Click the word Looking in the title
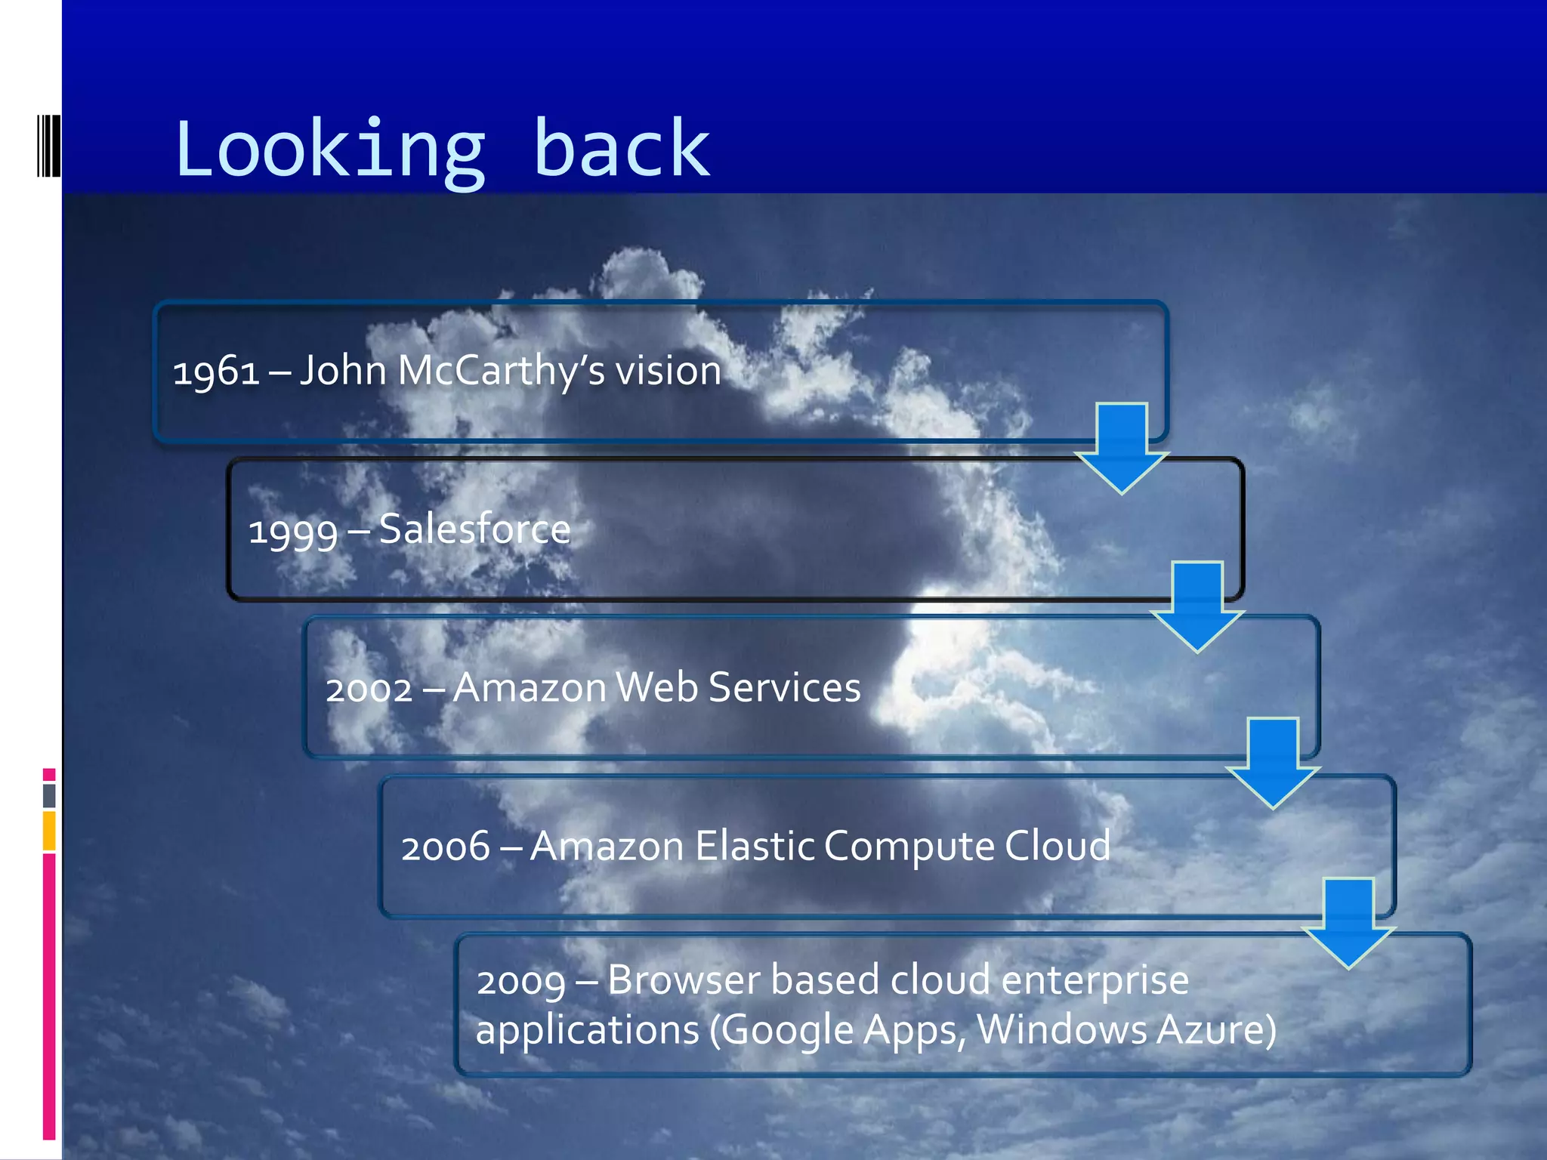[x=329, y=150]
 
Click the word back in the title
[x=621, y=150]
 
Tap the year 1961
[x=217, y=372]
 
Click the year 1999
[x=293, y=531]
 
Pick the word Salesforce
[x=474, y=529]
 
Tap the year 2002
[x=369, y=690]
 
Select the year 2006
[x=446, y=847]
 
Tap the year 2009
[x=521, y=982]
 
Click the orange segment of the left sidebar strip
[x=49, y=831]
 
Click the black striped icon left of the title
[x=48, y=145]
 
